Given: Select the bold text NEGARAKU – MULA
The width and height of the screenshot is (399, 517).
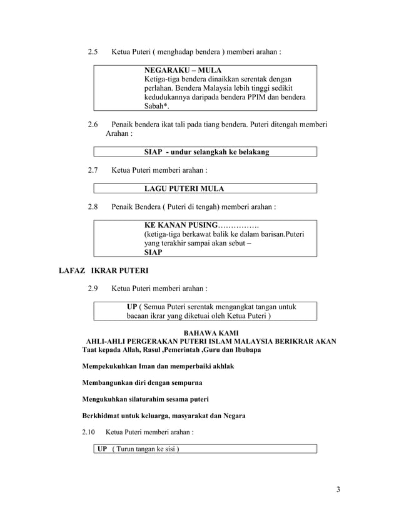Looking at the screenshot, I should (183, 70).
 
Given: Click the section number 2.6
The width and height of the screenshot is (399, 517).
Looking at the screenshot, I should (93, 125).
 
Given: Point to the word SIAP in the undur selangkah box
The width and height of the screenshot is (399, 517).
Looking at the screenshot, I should (154, 152).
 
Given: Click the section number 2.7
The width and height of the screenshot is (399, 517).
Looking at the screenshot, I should (93, 170).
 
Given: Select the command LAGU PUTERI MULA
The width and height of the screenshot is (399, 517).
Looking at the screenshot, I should (184, 188).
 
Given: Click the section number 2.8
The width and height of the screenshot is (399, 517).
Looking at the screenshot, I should (93, 206).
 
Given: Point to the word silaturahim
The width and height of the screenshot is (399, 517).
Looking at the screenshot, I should (150, 399).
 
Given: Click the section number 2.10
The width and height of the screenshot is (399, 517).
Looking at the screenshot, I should (91, 433).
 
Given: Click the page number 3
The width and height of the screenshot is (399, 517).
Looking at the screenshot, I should (338, 489).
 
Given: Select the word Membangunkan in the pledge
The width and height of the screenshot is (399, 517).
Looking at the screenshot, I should (106, 382).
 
